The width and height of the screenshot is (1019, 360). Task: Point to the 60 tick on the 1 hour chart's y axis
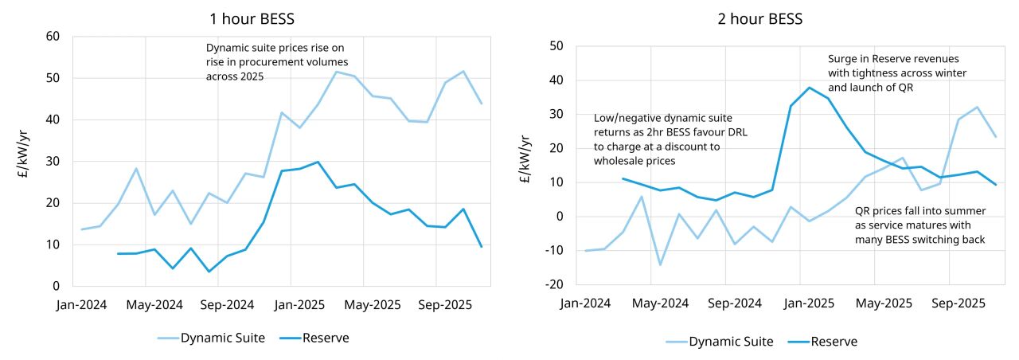53,37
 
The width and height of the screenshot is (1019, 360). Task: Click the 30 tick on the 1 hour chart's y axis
53,161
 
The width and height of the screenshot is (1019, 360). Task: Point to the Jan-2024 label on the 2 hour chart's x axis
586,303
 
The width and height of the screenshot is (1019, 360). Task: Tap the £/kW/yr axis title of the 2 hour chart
528,165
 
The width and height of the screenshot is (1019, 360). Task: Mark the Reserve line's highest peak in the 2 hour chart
810,88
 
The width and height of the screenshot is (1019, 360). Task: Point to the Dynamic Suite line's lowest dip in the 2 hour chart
660,264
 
